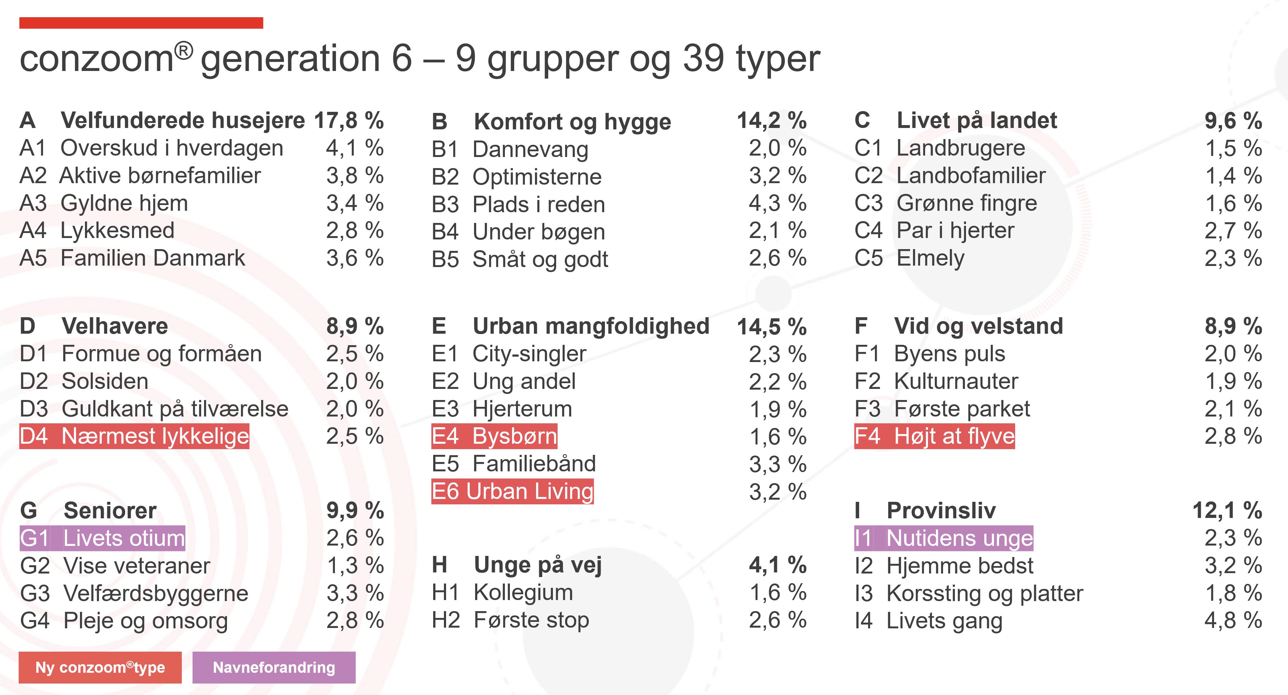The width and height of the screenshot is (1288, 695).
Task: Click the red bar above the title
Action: (x=141, y=23)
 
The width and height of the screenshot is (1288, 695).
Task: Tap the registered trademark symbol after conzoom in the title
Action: (x=184, y=51)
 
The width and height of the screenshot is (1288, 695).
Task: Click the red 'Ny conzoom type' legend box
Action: (x=100, y=667)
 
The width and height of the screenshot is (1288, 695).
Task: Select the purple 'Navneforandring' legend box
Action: (x=274, y=667)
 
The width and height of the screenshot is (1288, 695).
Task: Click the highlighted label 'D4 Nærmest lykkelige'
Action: (x=134, y=436)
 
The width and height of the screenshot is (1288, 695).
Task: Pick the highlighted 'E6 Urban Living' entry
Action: (x=512, y=491)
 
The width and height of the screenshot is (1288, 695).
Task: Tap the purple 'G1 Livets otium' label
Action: (x=103, y=538)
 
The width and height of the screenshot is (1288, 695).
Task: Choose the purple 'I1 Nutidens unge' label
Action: (x=943, y=538)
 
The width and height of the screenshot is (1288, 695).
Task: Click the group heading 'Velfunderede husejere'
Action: (x=183, y=120)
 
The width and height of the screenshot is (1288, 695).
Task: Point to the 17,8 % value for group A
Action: (x=349, y=120)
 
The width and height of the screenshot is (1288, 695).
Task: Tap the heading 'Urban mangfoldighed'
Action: (x=591, y=326)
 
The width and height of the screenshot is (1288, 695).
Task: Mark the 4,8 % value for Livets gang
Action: (x=1233, y=620)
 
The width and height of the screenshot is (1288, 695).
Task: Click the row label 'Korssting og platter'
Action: (x=985, y=594)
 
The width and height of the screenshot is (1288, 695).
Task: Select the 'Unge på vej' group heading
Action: (x=538, y=565)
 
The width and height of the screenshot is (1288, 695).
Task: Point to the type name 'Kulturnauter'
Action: (x=956, y=381)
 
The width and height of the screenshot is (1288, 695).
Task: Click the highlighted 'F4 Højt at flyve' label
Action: (x=934, y=436)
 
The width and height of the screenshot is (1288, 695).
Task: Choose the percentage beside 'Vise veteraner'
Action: (x=355, y=566)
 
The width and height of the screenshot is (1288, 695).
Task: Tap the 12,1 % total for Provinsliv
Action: (x=1227, y=511)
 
